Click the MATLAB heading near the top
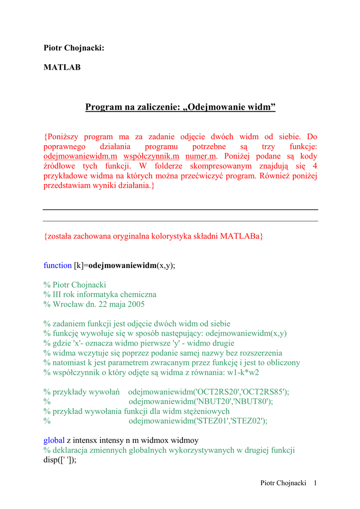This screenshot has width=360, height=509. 62,67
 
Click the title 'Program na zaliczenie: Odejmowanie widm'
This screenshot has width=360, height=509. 180,107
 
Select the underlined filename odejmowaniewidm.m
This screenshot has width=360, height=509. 81,156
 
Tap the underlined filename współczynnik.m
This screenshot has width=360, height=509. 151,156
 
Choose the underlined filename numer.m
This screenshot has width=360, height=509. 200,156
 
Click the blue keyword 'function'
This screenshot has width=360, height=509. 58,265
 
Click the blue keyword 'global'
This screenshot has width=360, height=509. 54,440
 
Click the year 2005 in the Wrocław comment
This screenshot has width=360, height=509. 135,304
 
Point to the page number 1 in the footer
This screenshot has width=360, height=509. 315,483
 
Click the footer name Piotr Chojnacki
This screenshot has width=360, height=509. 283,483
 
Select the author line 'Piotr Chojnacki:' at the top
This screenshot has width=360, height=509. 74,48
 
